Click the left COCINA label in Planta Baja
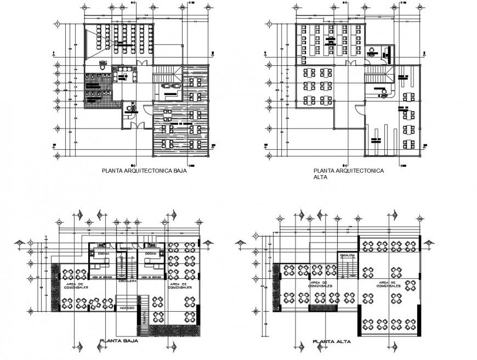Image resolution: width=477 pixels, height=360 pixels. pyautogui.click(x=103, y=254)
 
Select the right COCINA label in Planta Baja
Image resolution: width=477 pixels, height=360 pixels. pyautogui.click(x=151, y=254)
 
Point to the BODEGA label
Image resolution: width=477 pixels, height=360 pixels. pyautogui.click(x=126, y=250)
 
